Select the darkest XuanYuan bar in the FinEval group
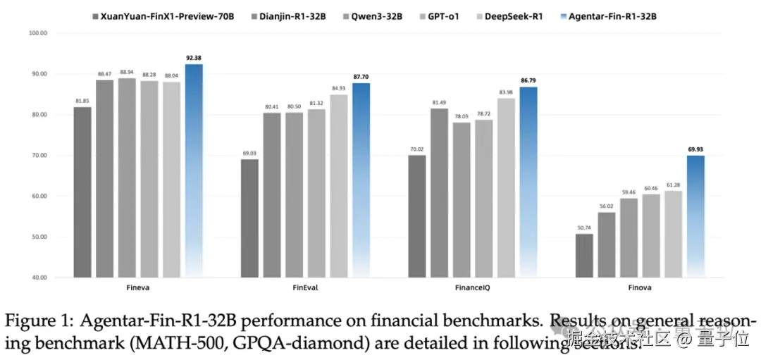(x=249, y=218)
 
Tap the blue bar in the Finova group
(x=695, y=216)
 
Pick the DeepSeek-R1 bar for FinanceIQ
(x=506, y=187)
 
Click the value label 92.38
(x=193, y=57)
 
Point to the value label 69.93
(x=695, y=149)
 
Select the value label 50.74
(x=583, y=227)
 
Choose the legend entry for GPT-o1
(x=442, y=15)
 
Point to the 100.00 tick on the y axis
(x=37, y=33)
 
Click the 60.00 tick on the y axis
(x=37, y=196)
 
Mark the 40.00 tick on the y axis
(x=37, y=278)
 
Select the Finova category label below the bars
(x=640, y=288)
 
